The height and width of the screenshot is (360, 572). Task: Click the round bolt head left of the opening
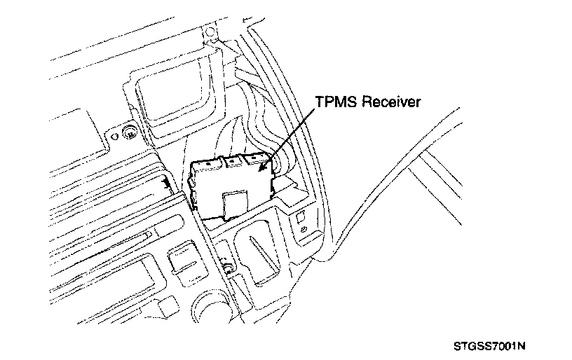pyautogui.click(x=129, y=133)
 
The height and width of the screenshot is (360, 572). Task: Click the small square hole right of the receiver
pyautogui.click(x=299, y=216)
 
